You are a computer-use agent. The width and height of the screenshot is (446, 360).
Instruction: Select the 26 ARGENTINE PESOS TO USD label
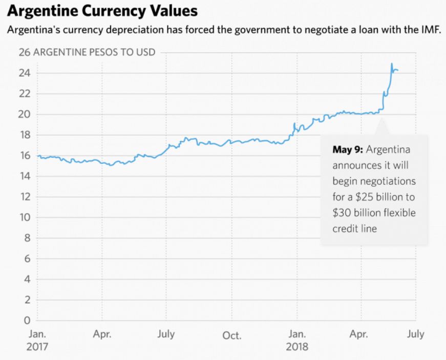87,53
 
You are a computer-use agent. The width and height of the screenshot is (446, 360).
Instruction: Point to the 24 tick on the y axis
25,73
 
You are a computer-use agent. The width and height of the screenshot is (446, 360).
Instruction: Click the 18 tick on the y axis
25,135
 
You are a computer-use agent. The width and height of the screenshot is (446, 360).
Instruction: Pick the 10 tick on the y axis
25,218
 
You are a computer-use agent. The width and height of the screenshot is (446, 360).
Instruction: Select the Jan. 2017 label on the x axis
37,340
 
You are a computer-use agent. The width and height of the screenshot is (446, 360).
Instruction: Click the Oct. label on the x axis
232,335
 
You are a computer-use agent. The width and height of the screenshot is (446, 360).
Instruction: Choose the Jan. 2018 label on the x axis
298,340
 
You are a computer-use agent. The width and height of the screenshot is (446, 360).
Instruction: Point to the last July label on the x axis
416,334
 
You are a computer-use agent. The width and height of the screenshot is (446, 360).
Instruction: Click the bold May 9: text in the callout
348,150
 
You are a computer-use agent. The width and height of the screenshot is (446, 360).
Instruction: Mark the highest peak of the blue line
392,63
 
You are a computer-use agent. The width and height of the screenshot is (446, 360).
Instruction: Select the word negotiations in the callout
389,181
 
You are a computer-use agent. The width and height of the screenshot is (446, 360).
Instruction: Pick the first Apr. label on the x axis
102,334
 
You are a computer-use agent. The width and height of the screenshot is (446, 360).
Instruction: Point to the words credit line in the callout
355,228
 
